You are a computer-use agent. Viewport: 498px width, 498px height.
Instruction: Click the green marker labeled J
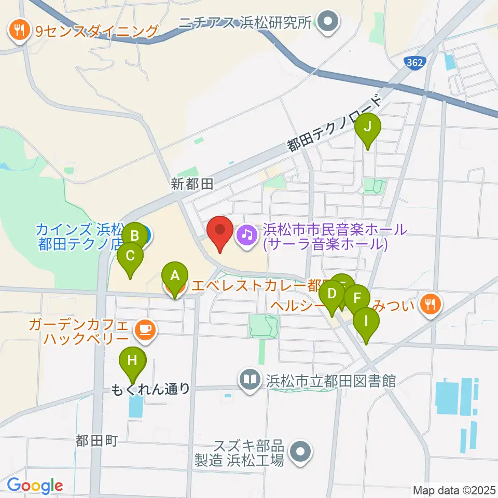[367, 127]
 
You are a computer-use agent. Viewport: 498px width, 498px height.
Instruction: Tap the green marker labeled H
[133, 361]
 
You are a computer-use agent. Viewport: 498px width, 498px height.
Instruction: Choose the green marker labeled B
[135, 236]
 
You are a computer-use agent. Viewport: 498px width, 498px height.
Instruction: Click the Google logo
[35, 486]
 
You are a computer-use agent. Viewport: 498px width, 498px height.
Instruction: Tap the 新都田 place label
[193, 183]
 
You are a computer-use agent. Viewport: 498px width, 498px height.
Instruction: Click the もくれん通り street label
[150, 389]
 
